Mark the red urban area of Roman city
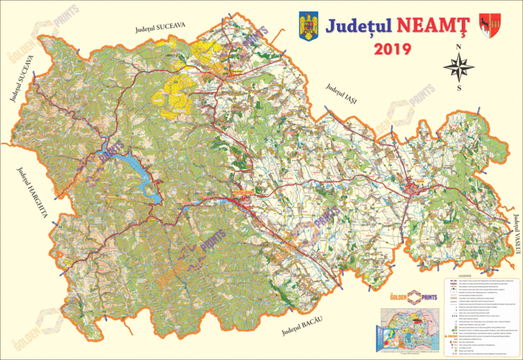[413, 190]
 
